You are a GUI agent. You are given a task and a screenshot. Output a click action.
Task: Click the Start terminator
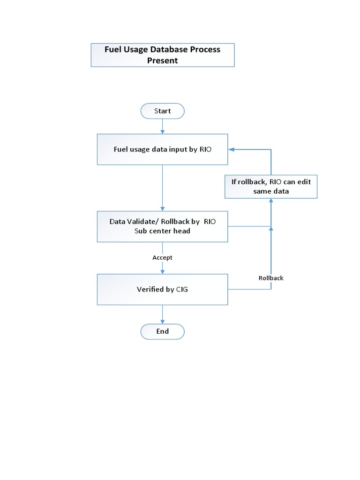coord(162,111)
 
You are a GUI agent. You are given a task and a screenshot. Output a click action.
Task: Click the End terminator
coord(162,331)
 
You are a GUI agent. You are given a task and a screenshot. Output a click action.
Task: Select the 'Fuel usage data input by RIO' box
coord(162,150)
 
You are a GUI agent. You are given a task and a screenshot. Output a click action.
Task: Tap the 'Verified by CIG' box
coord(162,290)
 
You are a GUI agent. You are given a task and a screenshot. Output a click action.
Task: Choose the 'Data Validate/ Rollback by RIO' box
coord(162,226)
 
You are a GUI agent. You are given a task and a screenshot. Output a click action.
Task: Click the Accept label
coord(162,257)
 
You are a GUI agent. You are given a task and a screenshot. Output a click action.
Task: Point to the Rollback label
coord(271,278)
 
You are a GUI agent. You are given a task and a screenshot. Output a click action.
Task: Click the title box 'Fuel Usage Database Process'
coord(162,55)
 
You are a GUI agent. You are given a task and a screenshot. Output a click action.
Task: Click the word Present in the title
coord(163,61)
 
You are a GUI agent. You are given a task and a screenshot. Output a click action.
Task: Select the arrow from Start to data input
coord(162,126)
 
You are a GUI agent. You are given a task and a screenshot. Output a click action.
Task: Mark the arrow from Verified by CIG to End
coord(162,314)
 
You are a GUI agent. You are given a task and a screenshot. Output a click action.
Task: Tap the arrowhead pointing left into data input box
coord(232,150)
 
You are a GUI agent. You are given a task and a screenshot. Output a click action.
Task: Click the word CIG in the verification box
coord(182,290)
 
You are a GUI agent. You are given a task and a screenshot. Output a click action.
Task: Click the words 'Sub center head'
coord(162,231)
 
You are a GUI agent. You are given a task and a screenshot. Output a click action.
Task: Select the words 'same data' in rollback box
coord(271,191)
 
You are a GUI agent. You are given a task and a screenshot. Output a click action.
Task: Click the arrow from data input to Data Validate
coord(162,187)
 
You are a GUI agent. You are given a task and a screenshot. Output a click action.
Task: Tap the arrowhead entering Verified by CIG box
coord(162,271)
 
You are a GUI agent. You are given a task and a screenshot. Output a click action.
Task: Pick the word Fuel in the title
coord(113,50)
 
